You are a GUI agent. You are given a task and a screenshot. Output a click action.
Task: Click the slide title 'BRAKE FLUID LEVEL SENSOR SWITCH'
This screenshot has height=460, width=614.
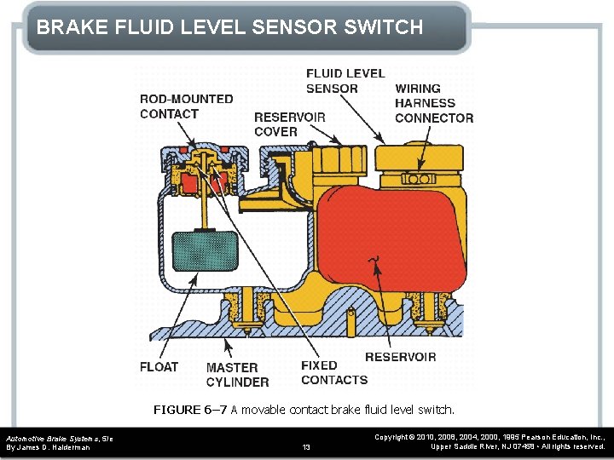point(229,27)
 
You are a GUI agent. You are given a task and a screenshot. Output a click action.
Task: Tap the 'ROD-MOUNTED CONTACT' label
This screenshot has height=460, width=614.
point(186,106)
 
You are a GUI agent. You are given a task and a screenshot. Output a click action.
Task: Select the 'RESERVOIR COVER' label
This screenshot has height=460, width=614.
point(289,124)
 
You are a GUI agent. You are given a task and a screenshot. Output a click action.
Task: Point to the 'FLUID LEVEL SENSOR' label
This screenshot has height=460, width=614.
point(345,81)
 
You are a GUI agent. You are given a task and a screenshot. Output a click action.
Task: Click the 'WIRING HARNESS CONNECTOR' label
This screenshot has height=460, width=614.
point(433,103)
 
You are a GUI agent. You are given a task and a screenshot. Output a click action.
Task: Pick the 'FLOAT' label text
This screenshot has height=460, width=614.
point(159,367)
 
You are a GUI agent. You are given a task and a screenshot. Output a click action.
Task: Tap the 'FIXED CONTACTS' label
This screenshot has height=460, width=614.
point(333,372)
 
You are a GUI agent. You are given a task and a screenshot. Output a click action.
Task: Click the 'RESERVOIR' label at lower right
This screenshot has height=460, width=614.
point(400,357)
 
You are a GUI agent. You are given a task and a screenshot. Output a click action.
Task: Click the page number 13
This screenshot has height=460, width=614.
point(307,446)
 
